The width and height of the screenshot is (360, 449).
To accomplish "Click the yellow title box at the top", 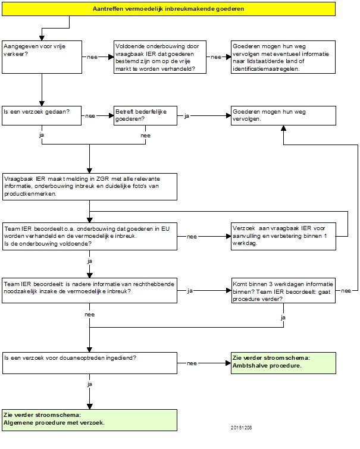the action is tap(168, 9).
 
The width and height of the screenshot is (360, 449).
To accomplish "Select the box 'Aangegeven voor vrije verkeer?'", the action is tap(42, 57).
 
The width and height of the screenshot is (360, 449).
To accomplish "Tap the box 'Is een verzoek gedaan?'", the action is tap(42, 116).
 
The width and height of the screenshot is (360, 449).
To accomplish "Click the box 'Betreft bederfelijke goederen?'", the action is tap(145, 116).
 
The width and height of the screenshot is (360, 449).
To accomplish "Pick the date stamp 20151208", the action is tap(242, 428).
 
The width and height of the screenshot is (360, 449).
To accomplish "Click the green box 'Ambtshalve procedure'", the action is tap(283, 363).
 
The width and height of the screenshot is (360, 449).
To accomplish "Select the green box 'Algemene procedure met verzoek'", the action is tap(89, 420).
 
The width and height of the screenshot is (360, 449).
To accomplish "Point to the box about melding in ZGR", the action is tap(90, 187).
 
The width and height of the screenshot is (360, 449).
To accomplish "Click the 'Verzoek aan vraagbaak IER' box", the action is tap(283, 236).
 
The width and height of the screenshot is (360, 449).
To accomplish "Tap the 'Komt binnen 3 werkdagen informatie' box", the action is tap(283, 291).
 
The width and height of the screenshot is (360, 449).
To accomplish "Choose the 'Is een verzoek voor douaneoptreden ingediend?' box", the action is tap(90, 363).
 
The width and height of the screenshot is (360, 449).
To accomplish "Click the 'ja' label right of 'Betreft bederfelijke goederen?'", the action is tap(187, 116).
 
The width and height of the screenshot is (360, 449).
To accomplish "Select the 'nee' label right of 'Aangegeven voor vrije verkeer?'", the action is tap(92, 57).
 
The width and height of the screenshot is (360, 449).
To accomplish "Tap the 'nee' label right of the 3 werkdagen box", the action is tap(346, 291).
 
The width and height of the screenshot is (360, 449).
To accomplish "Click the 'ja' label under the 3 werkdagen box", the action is tap(283, 318).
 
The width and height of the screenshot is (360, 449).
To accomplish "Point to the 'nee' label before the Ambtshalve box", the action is tap(192, 363).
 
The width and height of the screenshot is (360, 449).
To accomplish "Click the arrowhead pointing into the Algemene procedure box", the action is tap(89, 407).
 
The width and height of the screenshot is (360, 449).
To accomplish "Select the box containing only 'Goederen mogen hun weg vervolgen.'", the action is tap(283, 116).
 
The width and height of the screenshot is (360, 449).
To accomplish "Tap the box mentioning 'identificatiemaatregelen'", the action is tap(283, 57).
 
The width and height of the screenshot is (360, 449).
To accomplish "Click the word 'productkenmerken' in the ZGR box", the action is tap(30, 194).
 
